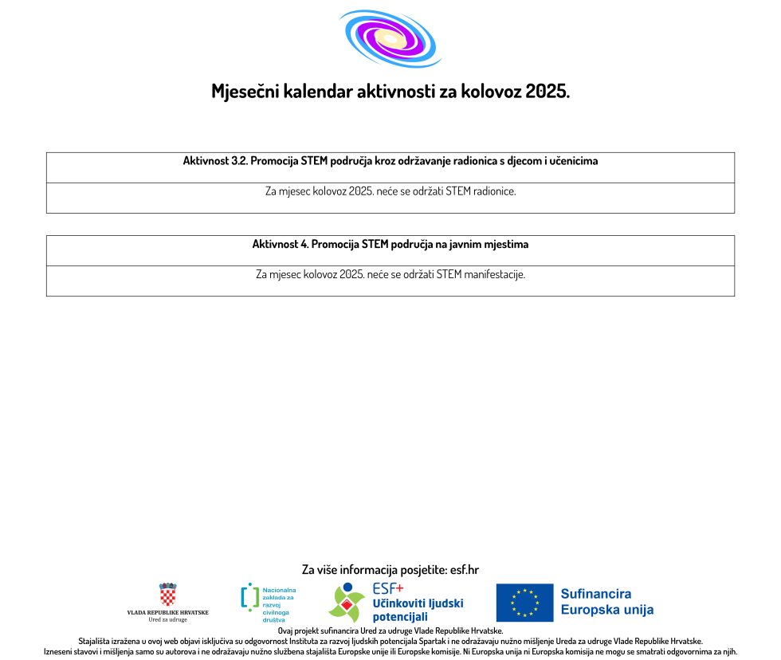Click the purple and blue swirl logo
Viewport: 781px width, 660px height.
pos(389,37)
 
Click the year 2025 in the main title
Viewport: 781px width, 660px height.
pos(547,91)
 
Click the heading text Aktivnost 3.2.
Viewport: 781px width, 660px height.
pos(215,161)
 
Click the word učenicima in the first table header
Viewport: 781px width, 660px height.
pos(570,161)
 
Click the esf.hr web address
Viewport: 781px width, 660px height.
pos(465,570)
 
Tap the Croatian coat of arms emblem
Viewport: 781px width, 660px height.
pos(167,595)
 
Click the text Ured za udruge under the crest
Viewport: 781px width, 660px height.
pos(167,619)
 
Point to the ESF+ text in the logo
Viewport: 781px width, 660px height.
pos(388,590)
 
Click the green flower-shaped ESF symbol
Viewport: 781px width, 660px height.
pos(347,603)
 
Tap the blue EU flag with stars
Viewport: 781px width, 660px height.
pos(524,603)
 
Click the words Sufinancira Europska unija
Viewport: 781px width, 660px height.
pos(606,602)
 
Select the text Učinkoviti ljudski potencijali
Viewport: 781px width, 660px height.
pos(417,611)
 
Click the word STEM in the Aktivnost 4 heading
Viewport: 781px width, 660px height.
pos(375,244)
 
